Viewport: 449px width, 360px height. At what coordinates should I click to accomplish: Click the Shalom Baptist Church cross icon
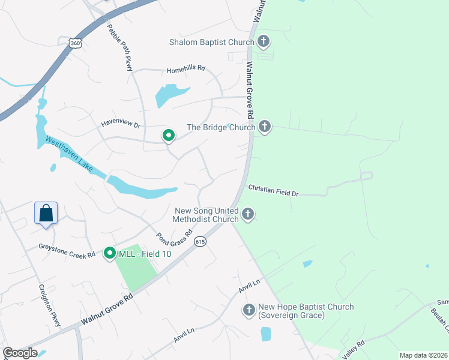coord(263,41)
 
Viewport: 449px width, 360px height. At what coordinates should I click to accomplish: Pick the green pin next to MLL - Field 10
coord(109,254)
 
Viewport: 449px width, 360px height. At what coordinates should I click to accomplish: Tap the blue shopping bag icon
coord(46,213)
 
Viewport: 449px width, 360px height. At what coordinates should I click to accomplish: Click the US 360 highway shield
coord(74,43)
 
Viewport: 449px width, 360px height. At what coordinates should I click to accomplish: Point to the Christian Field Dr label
coord(273,190)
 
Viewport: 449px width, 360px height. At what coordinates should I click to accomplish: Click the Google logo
coord(20,353)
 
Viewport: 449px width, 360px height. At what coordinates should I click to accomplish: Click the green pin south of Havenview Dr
coord(169,136)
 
